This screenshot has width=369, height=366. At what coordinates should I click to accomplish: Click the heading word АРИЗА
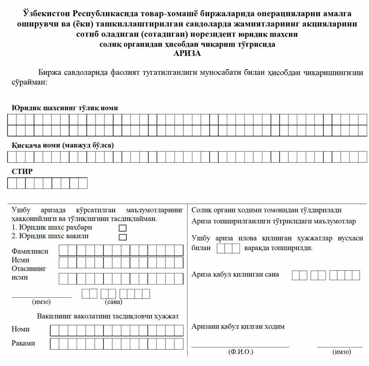coord(188,53)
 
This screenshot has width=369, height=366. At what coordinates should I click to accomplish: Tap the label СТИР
coord(22,171)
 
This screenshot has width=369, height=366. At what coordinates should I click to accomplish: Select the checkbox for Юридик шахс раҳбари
coord(123,228)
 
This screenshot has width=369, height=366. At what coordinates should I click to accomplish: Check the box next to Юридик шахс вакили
coord(123,237)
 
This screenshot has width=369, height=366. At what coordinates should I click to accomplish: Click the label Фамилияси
coord(30,251)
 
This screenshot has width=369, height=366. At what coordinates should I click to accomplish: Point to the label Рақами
coord(23,344)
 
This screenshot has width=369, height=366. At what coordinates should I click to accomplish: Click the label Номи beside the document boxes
coord(21,329)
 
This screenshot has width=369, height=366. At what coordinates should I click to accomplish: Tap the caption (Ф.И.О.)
coord(240,352)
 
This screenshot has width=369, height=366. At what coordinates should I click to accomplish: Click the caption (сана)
coord(114,302)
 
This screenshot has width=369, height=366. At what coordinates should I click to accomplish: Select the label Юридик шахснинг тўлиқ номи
coord(65,108)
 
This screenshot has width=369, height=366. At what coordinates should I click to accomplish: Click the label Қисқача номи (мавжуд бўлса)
coord(63,145)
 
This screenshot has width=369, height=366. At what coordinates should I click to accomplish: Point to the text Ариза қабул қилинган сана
coord(235,274)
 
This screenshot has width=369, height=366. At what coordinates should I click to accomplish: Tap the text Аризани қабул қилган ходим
coord(238,326)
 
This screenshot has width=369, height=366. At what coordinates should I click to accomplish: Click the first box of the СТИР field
coord(12,183)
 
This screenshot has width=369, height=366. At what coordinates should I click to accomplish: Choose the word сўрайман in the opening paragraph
coord(29,82)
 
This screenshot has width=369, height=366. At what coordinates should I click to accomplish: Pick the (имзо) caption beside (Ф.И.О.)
coord(342,352)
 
